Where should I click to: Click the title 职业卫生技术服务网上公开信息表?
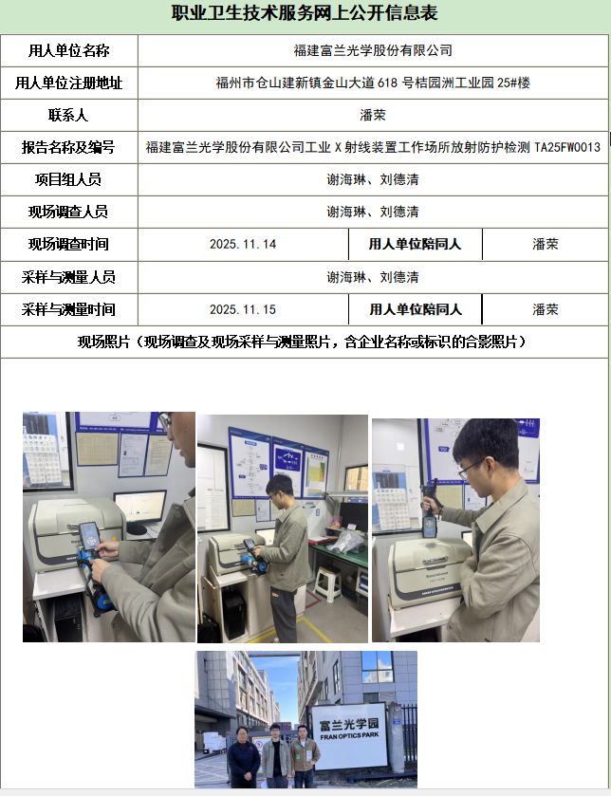point(305,13)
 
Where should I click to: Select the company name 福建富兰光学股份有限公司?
point(373,50)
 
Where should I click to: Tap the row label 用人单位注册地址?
point(68,83)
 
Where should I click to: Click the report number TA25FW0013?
point(567,147)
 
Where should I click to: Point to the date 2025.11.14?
point(243,244)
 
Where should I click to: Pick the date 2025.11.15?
point(243,309)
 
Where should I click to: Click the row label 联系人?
point(68,115)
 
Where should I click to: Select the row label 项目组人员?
point(68,179)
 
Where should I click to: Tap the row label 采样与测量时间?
point(68,309)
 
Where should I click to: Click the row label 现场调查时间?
point(68,244)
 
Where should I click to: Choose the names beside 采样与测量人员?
point(373,277)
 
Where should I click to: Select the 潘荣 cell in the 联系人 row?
point(373,115)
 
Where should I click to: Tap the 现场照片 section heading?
point(302,342)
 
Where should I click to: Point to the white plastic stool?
point(327,583)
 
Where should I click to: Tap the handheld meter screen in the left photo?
point(90,533)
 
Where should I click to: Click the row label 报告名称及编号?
point(68,147)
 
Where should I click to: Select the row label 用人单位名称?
point(68,50)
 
